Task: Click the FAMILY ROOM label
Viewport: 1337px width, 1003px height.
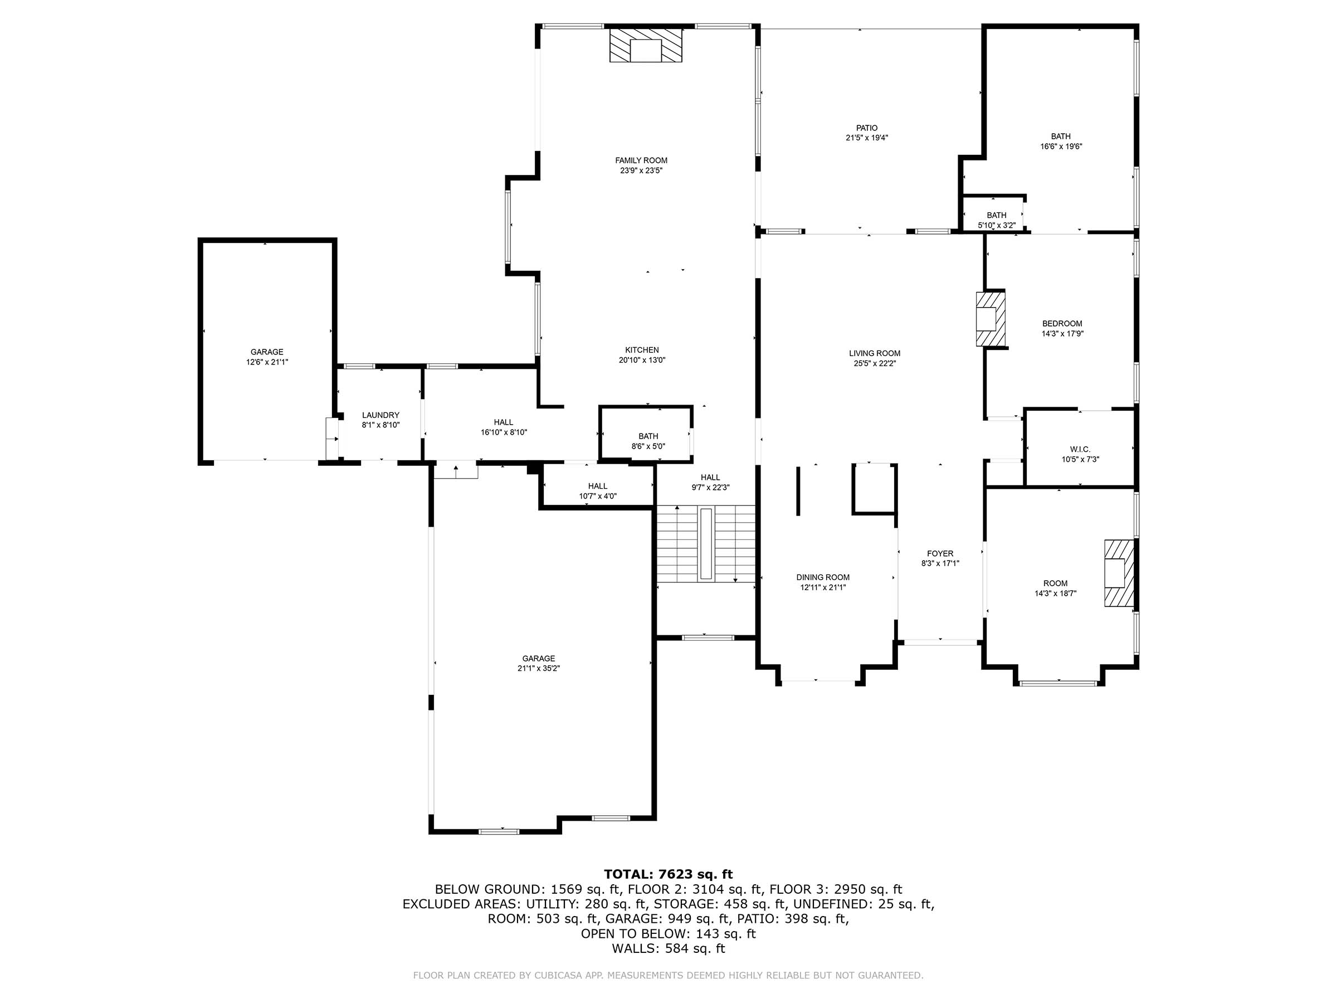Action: [641, 160]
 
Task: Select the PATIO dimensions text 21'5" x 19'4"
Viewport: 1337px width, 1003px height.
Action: [866, 138]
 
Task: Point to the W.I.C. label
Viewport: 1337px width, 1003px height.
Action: [1080, 449]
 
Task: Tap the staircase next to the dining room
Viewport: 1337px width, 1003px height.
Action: [706, 544]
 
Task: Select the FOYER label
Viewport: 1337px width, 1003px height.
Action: [940, 553]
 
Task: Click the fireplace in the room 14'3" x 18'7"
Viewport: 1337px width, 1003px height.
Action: [1118, 572]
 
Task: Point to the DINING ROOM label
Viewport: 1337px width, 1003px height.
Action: [823, 577]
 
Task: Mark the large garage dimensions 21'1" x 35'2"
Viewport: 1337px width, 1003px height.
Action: [539, 669]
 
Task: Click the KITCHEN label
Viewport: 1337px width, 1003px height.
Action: [641, 349]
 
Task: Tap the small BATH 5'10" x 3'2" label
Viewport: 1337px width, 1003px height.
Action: [996, 215]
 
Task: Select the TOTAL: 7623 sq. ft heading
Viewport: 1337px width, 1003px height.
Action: [668, 874]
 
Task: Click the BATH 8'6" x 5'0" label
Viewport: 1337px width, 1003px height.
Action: [648, 436]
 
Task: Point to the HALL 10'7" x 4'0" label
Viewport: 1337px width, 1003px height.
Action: [597, 486]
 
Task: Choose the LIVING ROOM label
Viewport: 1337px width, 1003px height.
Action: [874, 353]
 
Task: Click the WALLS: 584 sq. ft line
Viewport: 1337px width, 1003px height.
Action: [668, 948]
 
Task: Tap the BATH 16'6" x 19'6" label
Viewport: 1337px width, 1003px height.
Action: [1060, 136]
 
